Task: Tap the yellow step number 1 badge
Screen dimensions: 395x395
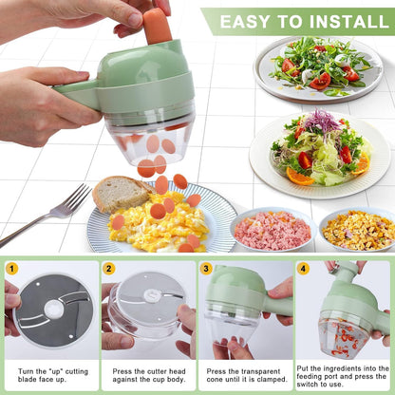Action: coord(11,269)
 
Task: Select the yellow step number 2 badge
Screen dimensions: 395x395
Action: coord(109,269)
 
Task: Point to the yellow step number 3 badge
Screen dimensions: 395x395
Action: coord(206,269)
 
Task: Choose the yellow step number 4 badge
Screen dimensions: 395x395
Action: coord(303,269)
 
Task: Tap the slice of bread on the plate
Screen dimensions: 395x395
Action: coord(121,194)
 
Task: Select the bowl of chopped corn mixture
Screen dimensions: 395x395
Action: coord(357,230)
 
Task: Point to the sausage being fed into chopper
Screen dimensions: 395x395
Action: coord(158,26)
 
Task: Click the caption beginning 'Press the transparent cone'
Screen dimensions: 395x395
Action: coord(247,377)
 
